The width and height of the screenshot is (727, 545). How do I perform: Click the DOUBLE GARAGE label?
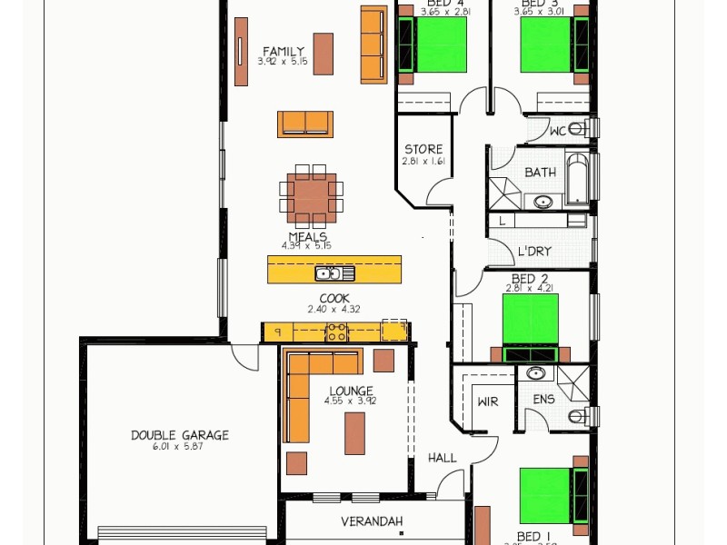click(180, 435)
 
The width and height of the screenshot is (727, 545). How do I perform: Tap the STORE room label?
click(423, 149)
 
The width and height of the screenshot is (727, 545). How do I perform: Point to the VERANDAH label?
click(372, 521)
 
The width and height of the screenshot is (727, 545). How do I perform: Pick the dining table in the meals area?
click(312, 195)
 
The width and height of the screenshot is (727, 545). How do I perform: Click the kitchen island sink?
click(328, 272)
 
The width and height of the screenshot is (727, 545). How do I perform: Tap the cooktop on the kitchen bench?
click(337, 332)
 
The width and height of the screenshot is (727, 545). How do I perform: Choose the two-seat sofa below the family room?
click(305, 124)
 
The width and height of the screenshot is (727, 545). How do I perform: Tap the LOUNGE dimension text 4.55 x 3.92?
click(351, 401)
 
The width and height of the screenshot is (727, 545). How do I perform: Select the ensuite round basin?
click(536, 373)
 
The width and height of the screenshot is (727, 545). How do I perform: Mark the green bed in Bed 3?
click(544, 45)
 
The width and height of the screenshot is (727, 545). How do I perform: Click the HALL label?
click(443, 459)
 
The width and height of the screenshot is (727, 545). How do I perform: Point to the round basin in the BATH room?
click(543, 202)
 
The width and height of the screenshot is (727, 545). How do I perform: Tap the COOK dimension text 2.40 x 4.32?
click(334, 309)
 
